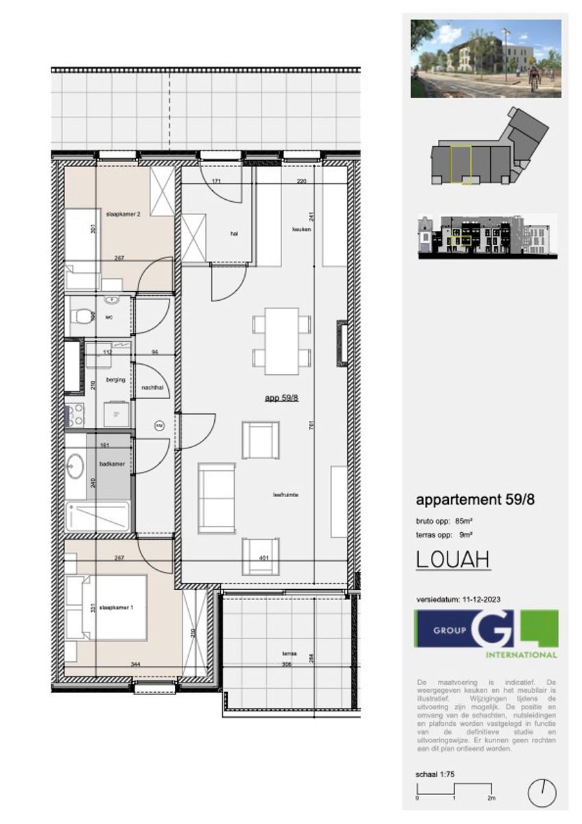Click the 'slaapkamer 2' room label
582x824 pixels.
coord(124,214)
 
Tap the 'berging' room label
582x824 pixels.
coord(117,379)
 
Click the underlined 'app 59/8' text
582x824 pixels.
coord(281,398)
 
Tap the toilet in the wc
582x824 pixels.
coord(82,317)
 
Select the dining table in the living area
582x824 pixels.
coord(281,341)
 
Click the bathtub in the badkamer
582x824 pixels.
coord(97,516)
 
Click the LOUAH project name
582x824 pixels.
coord(453,560)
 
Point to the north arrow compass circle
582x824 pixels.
coord(542,794)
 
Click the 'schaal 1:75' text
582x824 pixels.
coord(435,775)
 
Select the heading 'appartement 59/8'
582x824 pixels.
coord(475,500)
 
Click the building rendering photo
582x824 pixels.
coord(486,58)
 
